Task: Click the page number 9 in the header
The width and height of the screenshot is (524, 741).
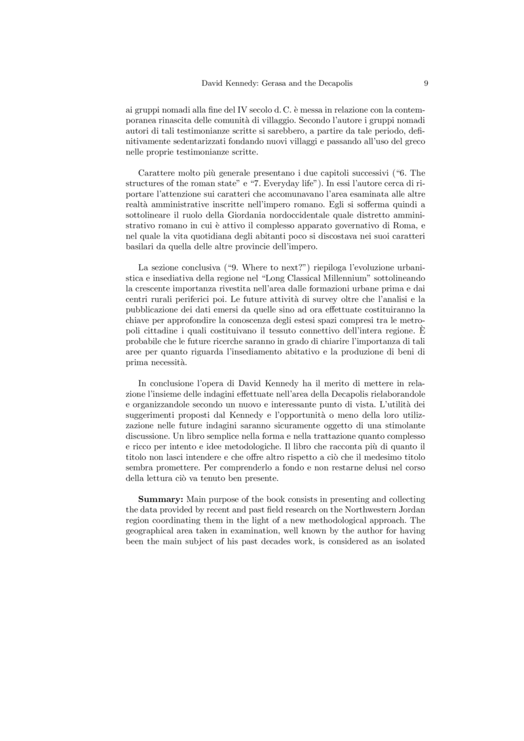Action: pyautogui.click(x=426, y=83)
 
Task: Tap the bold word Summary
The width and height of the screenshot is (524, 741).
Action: pyautogui.click(x=162, y=500)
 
